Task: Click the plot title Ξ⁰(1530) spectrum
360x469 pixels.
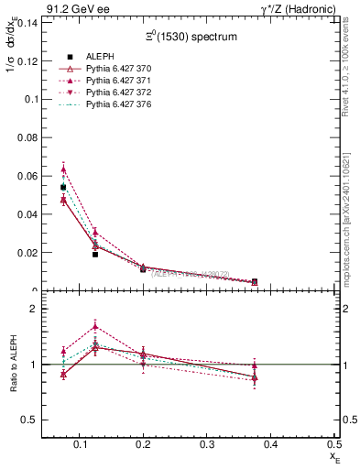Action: (191, 38)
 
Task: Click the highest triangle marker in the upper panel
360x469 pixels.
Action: (63, 169)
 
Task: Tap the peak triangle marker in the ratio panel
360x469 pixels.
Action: (95, 325)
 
